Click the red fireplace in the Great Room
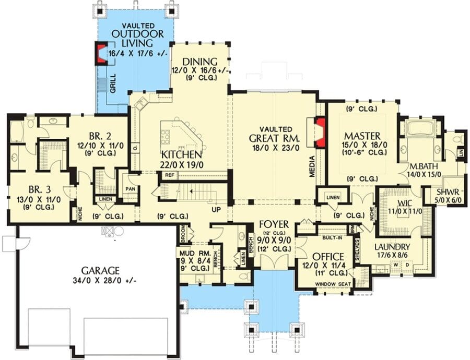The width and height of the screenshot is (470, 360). click(x=320, y=132)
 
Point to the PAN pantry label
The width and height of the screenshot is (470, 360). click(x=130, y=189)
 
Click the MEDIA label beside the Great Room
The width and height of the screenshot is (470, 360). click(x=312, y=166)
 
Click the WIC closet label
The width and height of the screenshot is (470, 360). click(x=405, y=202)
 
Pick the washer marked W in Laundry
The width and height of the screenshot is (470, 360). click(x=396, y=265)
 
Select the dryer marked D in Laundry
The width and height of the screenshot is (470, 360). click(x=407, y=265)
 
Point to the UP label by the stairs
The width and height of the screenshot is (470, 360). click(x=216, y=210)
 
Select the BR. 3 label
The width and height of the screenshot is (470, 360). click(x=40, y=189)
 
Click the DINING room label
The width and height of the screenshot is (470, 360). click(x=200, y=62)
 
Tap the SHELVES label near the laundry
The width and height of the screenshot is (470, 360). click(x=357, y=250)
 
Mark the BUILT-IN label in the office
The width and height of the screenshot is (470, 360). click(x=333, y=237)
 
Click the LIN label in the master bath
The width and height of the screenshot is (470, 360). click(x=461, y=152)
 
